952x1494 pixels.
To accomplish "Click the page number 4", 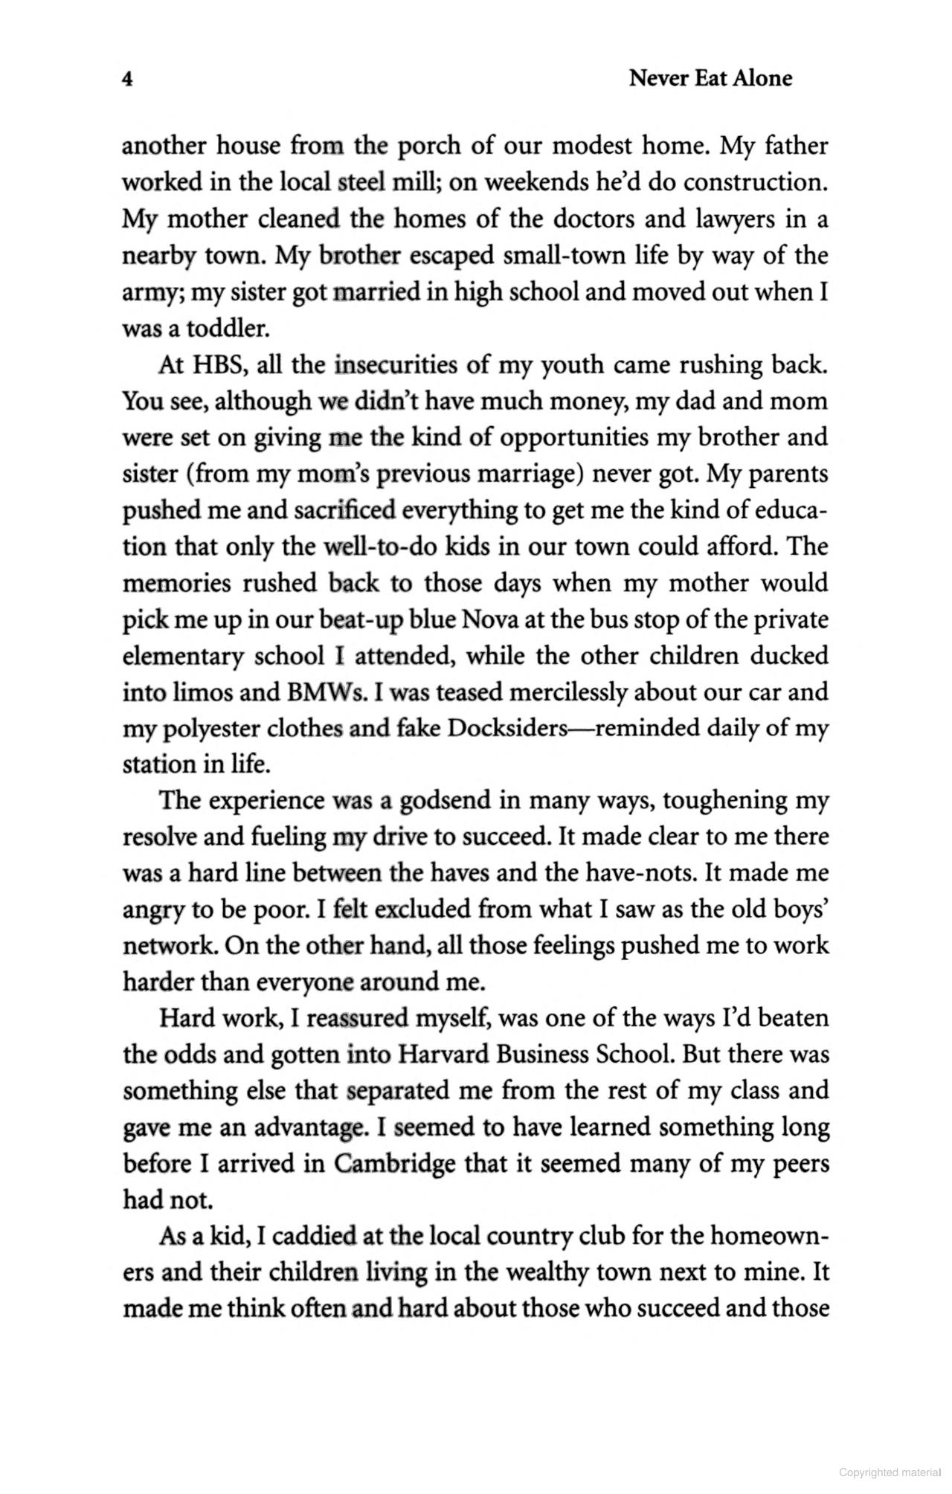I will pyautogui.click(x=127, y=80).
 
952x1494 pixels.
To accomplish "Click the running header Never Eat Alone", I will pyautogui.click(x=710, y=78).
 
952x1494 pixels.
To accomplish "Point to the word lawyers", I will pyautogui.click(x=736, y=219).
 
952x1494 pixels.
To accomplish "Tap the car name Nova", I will pyautogui.click(x=486, y=619).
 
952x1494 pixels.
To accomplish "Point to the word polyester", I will pyautogui.click(x=205, y=729).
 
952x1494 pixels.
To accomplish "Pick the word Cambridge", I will pyautogui.click(x=394, y=1164).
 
